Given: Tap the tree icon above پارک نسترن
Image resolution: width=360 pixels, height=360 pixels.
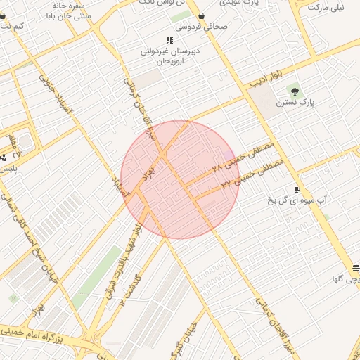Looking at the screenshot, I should click(294, 91).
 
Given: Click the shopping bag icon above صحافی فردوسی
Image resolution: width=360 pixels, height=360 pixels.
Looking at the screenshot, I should click(202, 15).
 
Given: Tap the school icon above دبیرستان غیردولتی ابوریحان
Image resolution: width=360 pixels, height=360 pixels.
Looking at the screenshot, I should click(169, 40).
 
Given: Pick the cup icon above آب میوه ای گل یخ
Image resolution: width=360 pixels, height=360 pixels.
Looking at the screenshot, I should click(297, 190).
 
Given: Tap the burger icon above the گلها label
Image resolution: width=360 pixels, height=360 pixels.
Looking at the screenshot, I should click(356, 268).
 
